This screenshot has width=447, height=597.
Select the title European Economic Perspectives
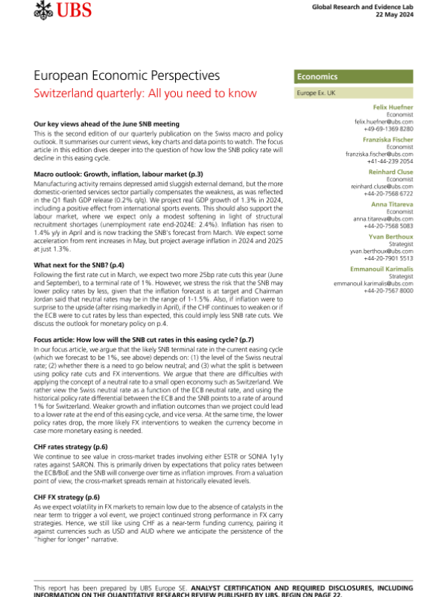point(127,76)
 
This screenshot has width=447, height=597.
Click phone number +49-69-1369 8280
point(387,128)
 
